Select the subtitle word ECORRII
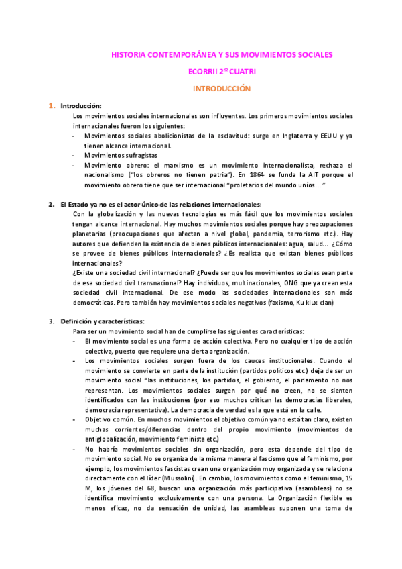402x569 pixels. [205, 71]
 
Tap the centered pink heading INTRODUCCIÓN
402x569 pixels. [221, 88]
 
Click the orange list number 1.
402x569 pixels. [51, 106]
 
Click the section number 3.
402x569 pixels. [51, 321]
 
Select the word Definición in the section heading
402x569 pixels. [76, 321]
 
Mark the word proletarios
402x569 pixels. [253, 184]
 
